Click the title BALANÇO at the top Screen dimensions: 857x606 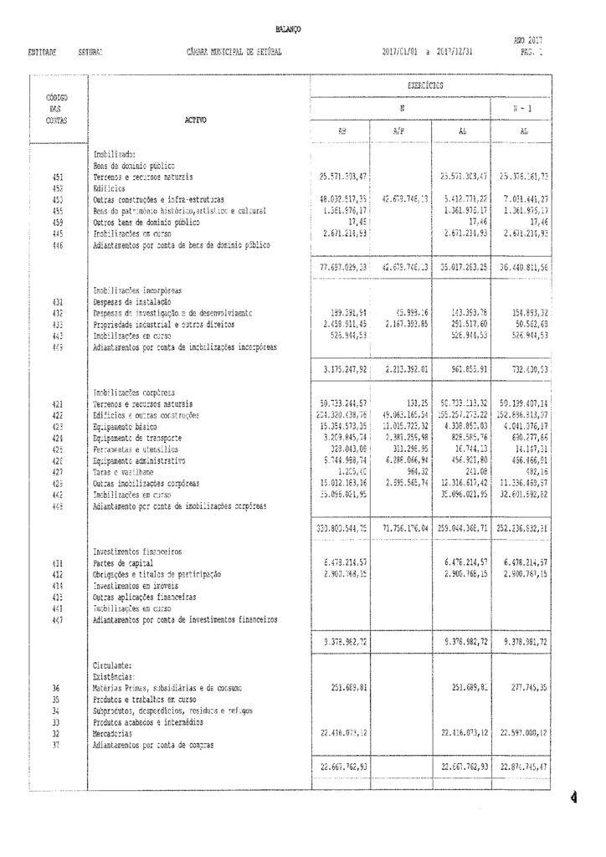288,30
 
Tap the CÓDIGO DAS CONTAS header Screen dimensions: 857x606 56,110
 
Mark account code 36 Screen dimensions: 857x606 56,688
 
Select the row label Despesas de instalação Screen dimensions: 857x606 132,301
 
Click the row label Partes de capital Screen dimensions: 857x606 121,564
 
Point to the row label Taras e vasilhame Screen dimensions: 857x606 126,472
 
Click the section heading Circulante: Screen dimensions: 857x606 111,665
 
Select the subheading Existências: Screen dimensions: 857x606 113,676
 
